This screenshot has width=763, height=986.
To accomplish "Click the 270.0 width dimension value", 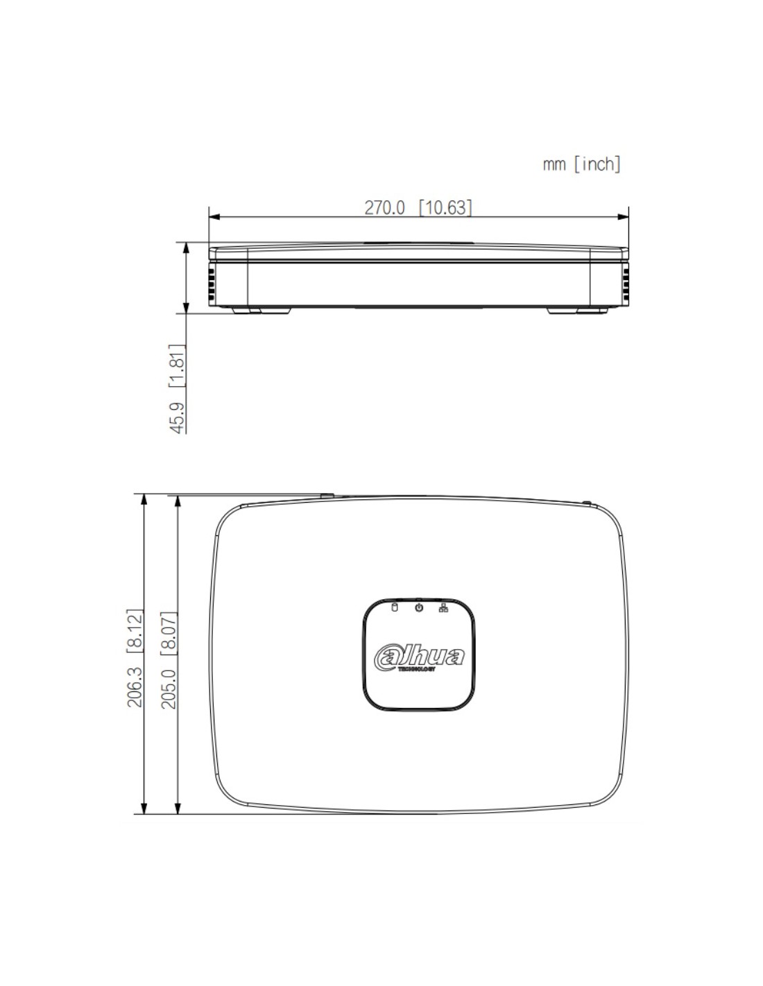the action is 384,207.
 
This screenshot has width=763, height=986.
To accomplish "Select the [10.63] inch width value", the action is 445,207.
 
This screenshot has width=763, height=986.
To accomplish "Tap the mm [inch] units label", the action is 581,164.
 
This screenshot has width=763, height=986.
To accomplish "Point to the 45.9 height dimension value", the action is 178,417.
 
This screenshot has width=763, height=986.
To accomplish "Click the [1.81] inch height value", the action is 178,365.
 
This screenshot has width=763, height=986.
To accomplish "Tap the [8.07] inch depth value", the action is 169,634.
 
